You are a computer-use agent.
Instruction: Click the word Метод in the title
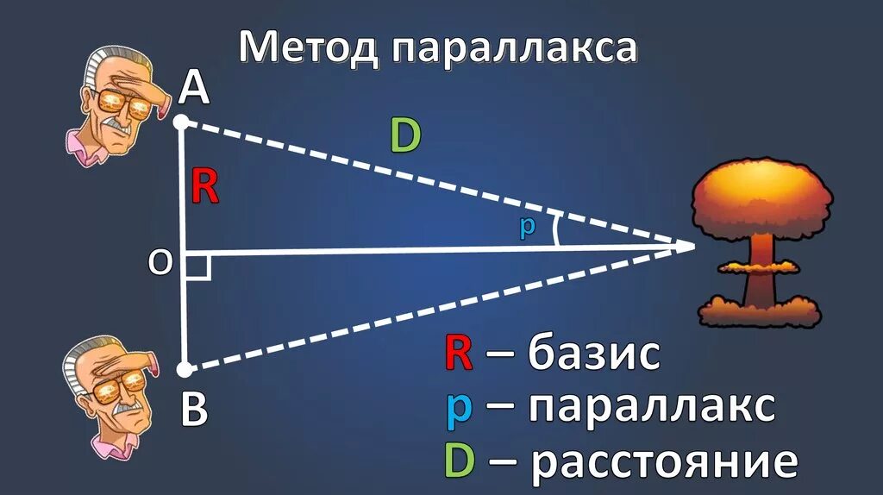tap(309, 47)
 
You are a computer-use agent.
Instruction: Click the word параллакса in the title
tap(514, 49)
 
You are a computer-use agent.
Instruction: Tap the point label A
tap(194, 88)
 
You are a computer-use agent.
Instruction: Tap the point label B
tap(194, 411)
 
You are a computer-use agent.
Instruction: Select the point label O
tap(160, 263)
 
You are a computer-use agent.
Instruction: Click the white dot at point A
tap(181, 122)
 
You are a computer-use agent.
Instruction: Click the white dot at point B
tap(184, 370)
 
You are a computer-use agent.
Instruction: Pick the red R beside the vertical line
tap(204, 186)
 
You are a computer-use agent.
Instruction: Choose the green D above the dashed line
tap(404, 136)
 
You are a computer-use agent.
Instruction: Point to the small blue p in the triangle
tap(527, 228)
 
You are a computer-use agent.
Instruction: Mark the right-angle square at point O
tap(197, 266)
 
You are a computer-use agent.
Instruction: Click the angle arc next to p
tap(556, 230)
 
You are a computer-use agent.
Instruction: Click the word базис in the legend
tap(595, 354)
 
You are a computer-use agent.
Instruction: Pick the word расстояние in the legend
tap(664, 461)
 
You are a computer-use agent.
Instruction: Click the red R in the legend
tap(458, 354)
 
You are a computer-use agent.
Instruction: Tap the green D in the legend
tap(460, 461)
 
